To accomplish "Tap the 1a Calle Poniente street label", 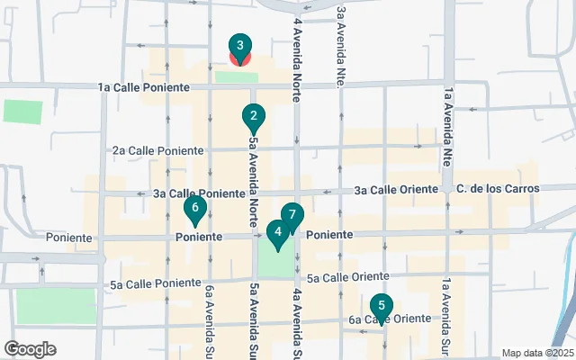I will coord(144,87).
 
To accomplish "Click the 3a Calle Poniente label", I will coord(198,193).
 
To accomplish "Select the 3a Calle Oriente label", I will coord(396,190).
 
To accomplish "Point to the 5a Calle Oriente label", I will coord(347,277).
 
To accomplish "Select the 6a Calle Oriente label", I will coord(390,319).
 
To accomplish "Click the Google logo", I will coord(30,349).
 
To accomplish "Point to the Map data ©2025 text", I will coord(537,353).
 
